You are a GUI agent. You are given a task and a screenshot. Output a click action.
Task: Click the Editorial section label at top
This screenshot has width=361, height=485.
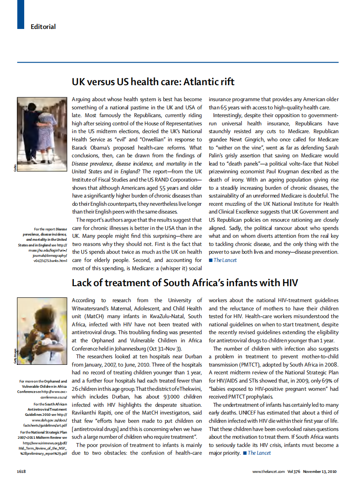(x=43, y=27)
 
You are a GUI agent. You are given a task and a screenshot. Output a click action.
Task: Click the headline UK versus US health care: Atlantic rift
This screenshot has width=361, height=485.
(x=153, y=82)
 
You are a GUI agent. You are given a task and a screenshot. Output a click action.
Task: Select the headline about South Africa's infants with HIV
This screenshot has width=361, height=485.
(x=185, y=283)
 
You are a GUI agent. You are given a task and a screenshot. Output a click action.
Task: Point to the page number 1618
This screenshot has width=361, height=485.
(x=22, y=471)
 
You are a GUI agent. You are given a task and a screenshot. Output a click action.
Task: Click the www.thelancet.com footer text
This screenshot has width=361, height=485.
(x=268, y=471)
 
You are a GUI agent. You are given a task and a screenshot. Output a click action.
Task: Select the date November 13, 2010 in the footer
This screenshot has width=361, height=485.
(x=321, y=471)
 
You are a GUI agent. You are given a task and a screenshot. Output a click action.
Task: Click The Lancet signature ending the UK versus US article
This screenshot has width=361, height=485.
(x=225, y=260)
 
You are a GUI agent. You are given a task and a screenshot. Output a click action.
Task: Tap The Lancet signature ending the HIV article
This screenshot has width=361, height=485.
(x=259, y=453)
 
